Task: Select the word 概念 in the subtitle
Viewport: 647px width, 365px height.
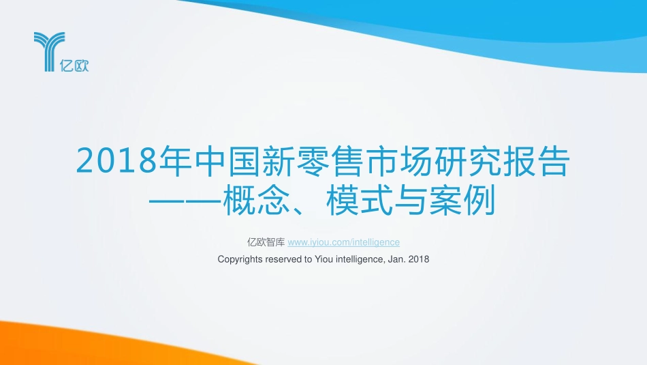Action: coord(260,203)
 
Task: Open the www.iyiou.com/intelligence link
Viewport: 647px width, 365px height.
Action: coord(344,242)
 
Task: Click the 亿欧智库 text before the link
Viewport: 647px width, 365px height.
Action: coord(266,242)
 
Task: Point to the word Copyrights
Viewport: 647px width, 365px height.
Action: coord(240,259)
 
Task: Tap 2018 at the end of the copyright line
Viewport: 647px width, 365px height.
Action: coord(419,259)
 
